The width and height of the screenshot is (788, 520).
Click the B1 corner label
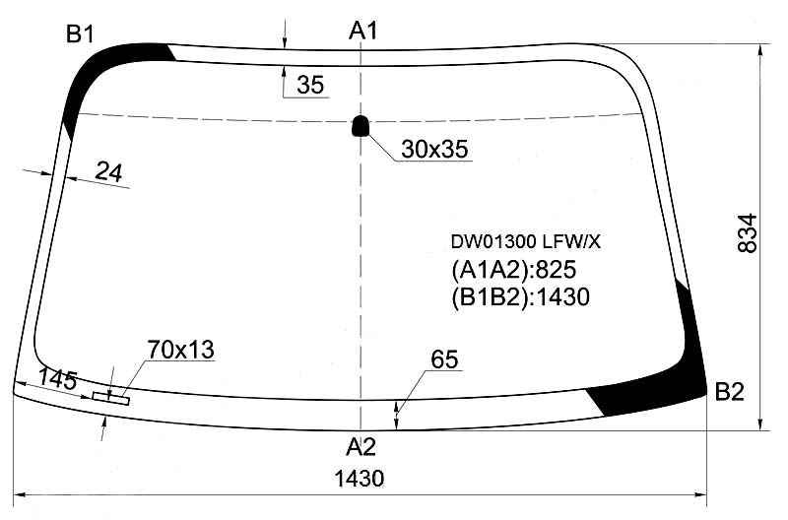(80, 34)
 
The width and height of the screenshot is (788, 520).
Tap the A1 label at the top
(362, 32)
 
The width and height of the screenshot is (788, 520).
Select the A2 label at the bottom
(361, 446)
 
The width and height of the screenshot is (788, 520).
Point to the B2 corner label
(729, 392)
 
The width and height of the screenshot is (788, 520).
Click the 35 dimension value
(310, 85)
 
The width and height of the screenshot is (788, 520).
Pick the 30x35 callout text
(434, 150)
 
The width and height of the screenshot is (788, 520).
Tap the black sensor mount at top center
(360, 126)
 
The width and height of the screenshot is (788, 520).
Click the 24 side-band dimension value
(108, 172)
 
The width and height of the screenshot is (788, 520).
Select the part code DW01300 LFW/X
(525, 242)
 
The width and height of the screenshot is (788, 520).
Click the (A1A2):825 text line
(513, 270)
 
